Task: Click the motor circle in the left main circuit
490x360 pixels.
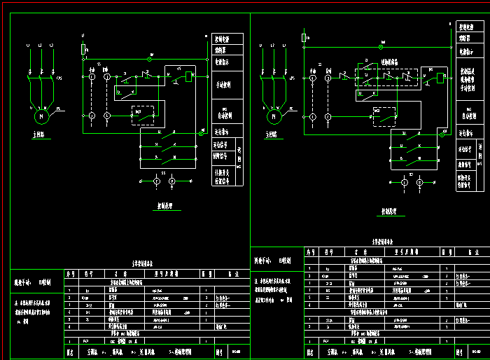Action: (40, 115)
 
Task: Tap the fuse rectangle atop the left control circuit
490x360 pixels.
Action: (83, 50)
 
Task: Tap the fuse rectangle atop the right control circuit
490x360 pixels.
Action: (304, 37)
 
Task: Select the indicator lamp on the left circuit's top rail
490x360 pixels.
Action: (151, 55)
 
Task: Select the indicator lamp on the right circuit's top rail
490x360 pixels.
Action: (381, 47)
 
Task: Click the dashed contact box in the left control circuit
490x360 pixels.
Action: (143, 115)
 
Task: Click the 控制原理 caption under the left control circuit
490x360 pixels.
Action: (165, 207)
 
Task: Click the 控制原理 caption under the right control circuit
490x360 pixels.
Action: (393, 209)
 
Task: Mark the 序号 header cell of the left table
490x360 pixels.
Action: (69, 275)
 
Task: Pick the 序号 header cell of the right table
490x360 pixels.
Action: (310, 251)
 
